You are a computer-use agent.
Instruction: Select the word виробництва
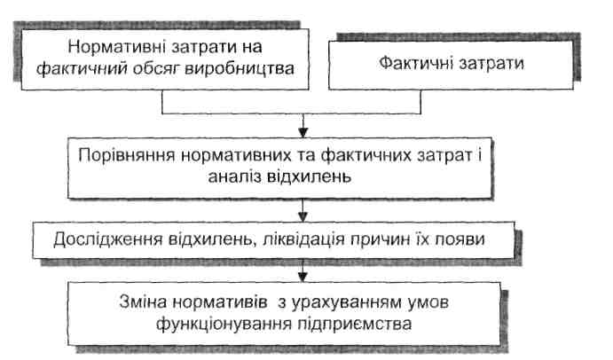tap(240, 69)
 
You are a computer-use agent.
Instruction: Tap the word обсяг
tap(155, 69)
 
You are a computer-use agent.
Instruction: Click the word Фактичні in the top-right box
tap(415, 63)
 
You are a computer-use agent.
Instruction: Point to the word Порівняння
tap(126, 156)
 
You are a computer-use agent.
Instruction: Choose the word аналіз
tap(234, 176)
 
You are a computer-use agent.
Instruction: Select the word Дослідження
tap(107, 239)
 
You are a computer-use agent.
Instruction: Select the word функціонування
tap(224, 324)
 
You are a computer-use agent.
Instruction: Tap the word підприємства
tap(355, 324)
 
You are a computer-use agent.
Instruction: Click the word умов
tap(428, 302)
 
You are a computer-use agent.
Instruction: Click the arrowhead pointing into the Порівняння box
tap(303, 132)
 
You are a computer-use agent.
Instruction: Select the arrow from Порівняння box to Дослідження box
tap(303, 210)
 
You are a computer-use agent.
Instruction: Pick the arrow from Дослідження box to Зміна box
tap(303, 270)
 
